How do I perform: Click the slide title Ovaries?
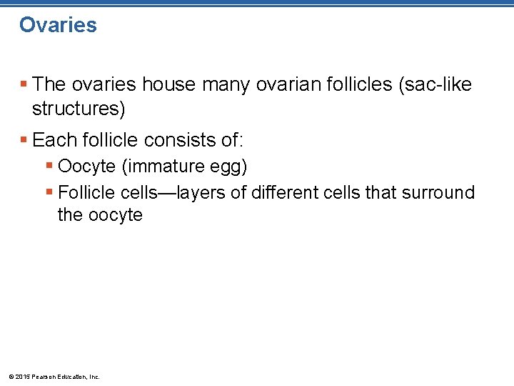point(58,25)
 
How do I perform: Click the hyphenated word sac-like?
point(435,84)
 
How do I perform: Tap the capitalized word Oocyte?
point(87,167)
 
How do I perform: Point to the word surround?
point(440,192)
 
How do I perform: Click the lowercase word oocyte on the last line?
point(114,215)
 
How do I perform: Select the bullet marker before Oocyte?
point(49,167)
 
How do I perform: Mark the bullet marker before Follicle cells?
point(49,192)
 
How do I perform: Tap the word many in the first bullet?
point(225,84)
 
